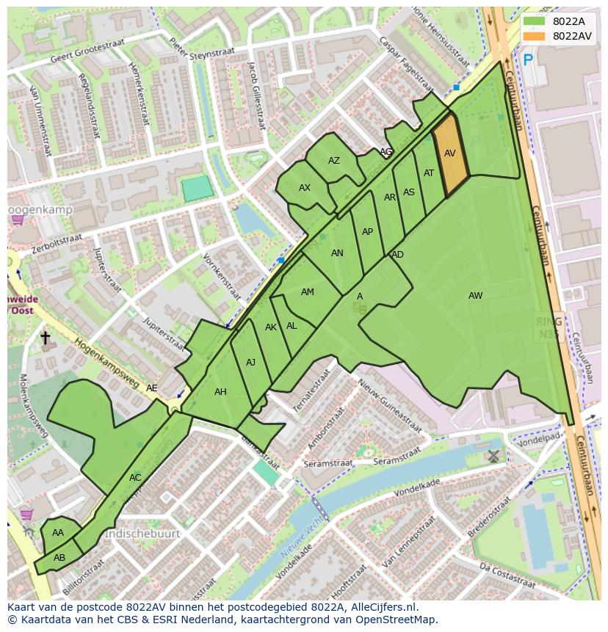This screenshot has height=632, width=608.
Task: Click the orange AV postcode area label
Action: point(450,153)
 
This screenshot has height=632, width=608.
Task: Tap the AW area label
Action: point(476,296)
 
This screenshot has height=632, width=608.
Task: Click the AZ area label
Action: point(334,161)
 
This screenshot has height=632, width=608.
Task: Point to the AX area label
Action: point(305,188)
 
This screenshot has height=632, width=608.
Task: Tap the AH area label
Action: point(220,392)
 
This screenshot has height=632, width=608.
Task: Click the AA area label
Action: point(58,533)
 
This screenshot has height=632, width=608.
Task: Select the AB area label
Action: point(59,557)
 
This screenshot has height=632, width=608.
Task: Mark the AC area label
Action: point(135,478)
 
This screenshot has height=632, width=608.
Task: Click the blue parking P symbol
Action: point(527,60)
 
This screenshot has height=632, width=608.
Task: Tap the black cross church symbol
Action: point(45,338)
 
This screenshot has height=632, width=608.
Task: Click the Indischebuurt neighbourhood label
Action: point(142,534)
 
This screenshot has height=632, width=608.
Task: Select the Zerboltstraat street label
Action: point(57,244)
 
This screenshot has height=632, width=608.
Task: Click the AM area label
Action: point(308,292)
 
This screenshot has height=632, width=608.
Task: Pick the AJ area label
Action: point(250,362)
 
